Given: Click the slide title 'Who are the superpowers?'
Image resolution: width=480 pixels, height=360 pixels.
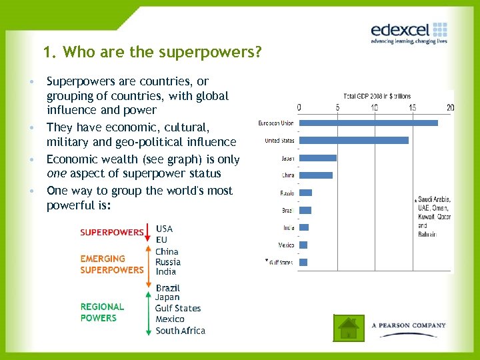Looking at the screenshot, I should [151, 51].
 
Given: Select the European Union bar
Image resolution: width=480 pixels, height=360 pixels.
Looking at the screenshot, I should [368, 123].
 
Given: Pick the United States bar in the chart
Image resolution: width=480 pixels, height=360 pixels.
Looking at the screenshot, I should [353, 140].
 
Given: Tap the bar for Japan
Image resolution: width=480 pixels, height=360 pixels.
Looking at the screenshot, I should [317, 158].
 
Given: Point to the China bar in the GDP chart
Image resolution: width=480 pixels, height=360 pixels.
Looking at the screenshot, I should [315, 175].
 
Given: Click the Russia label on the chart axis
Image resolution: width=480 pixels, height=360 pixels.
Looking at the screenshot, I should [287, 193].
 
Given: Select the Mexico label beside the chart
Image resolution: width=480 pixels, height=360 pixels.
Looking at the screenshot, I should [286, 245].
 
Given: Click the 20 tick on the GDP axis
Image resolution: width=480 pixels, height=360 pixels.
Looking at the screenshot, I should [451, 108].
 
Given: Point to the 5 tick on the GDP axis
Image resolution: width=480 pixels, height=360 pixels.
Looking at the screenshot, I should [337, 108].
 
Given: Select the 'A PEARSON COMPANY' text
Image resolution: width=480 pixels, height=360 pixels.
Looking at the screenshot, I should [409, 325].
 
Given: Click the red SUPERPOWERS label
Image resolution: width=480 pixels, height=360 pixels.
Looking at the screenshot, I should [111, 233].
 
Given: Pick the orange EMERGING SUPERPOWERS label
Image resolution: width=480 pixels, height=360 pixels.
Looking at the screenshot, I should [111, 264].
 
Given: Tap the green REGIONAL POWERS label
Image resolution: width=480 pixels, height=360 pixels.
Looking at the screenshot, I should [102, 312].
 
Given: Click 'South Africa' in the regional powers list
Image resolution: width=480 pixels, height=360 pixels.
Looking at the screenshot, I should [180, 331].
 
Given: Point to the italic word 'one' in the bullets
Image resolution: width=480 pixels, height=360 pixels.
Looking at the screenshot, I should [57, 174].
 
